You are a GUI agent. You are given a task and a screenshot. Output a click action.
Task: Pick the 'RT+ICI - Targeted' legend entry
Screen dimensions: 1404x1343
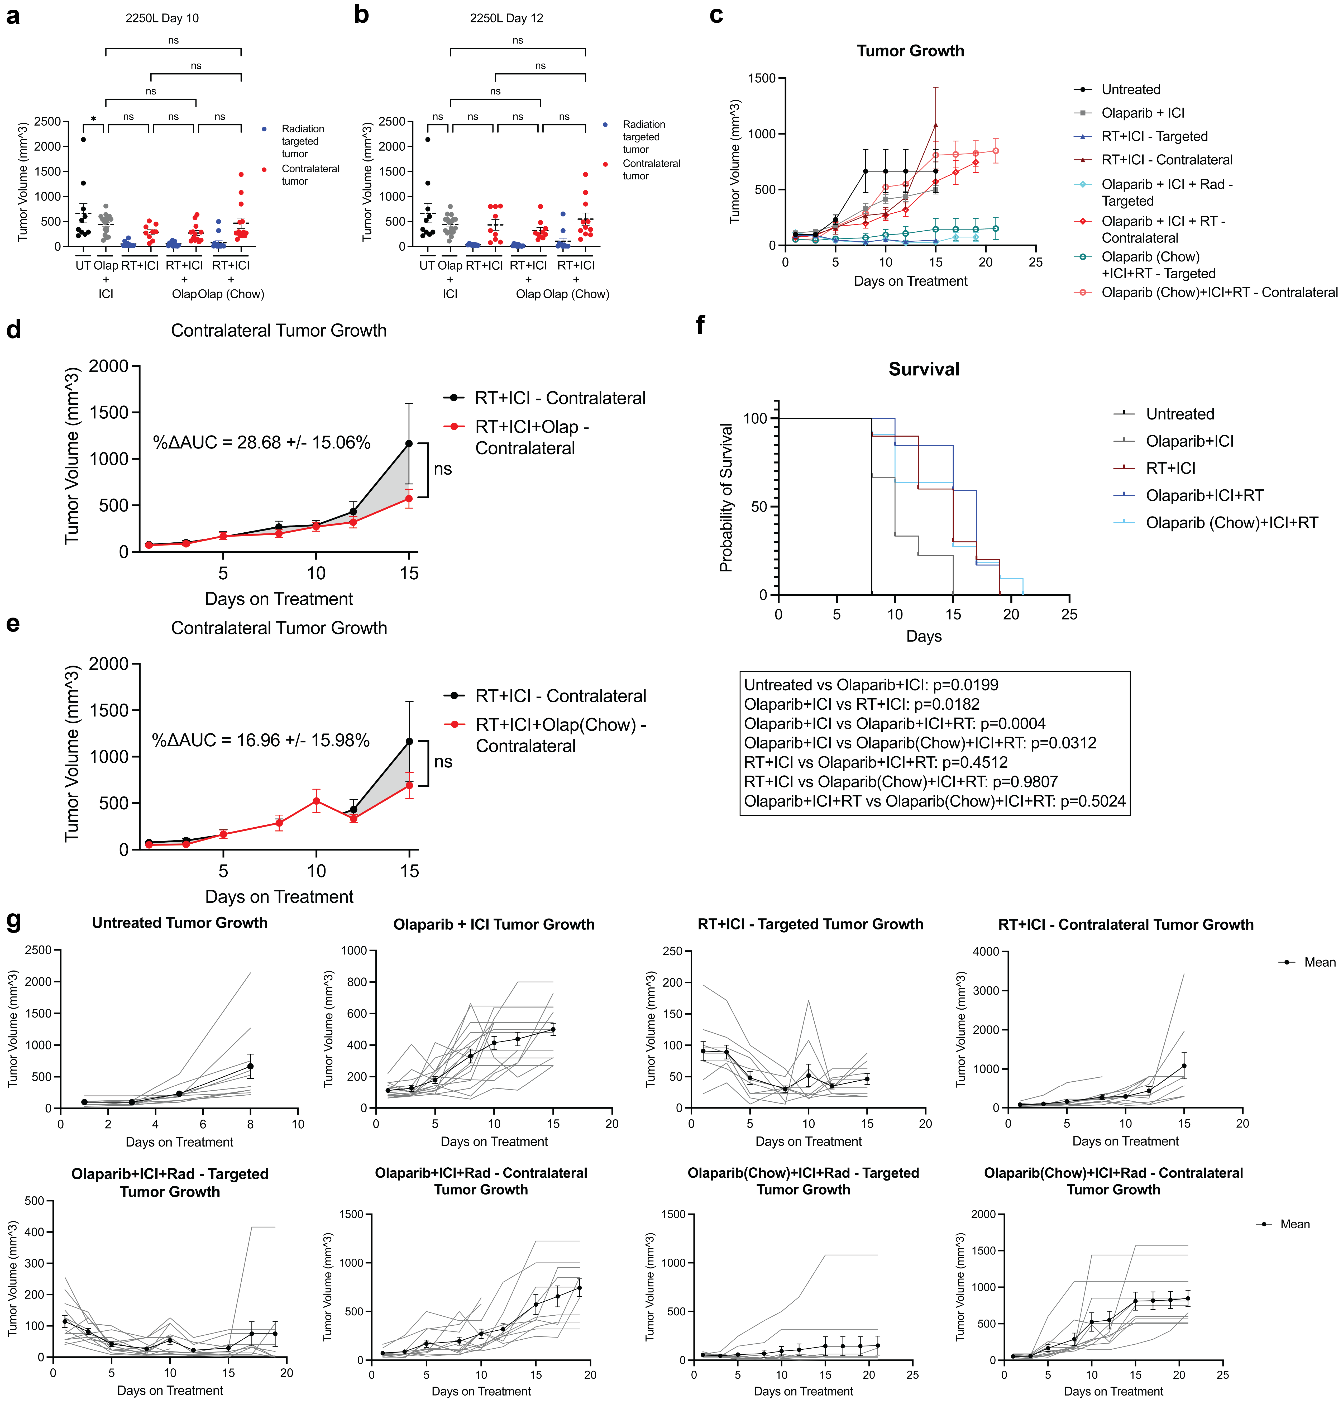coord(1154,136)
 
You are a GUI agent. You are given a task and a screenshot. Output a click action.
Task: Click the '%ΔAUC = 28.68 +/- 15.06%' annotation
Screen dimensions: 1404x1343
coord(261,442)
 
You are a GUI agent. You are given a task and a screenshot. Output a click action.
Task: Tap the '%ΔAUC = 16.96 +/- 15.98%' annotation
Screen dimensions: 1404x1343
coord(261,740)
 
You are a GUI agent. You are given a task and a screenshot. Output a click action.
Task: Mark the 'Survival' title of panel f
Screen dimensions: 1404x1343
coord(924,369)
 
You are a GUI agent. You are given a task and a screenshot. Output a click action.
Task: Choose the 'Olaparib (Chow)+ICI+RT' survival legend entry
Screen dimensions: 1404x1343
coord(1231,523)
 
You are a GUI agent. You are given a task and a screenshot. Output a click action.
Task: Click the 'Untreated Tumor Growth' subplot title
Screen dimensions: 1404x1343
coord(180,923)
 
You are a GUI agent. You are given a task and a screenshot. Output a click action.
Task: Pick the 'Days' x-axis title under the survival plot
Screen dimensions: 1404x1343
coord(924,637)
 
